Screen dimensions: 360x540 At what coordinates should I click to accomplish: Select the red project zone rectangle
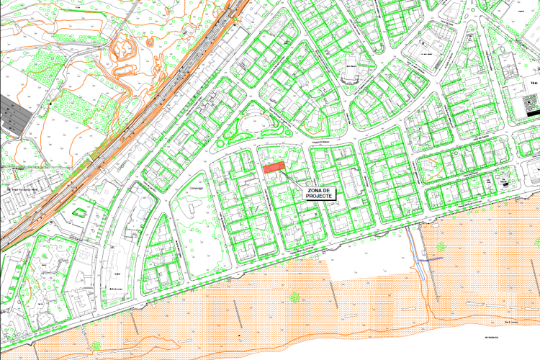273,168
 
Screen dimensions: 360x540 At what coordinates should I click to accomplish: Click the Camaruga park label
197,187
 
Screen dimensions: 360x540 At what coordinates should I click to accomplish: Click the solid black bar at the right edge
531,113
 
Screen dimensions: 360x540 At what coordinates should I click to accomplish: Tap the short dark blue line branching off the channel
432,257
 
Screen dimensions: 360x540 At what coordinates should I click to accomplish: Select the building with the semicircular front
353,72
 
